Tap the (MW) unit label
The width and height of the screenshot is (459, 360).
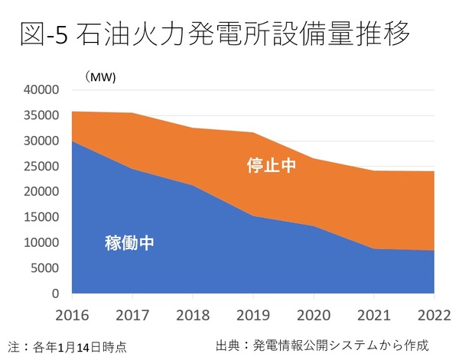[x=99, y=75]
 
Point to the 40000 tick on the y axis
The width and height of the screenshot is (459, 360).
[x=43, y=90]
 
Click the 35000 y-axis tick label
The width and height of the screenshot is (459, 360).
[x=43, y=115]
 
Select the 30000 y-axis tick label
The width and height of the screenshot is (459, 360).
[x=43, y=141]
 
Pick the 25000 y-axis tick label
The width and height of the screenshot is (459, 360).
[x=43, y=167]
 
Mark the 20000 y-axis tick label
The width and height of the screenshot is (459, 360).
[x=43, y=192]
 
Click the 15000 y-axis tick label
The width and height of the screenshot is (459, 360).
[x=43, y=217]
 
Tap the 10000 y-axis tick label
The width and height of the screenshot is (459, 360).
[x=43, y=243]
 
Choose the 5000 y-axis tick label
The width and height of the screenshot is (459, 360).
[x=46, y=268]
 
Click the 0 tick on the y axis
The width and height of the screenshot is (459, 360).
[x=56, y=294]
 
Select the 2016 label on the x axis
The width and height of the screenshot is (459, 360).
[x=73, y=313]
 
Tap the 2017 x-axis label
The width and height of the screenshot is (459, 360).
[x=133, y=313]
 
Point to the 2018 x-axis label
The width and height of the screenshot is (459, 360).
[x=194, y=313]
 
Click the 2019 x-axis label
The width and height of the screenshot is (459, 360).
[x=254, y=313]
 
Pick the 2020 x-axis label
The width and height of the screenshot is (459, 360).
[x=314, y=313]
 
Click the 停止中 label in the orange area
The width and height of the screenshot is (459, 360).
[x=271, y=166]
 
